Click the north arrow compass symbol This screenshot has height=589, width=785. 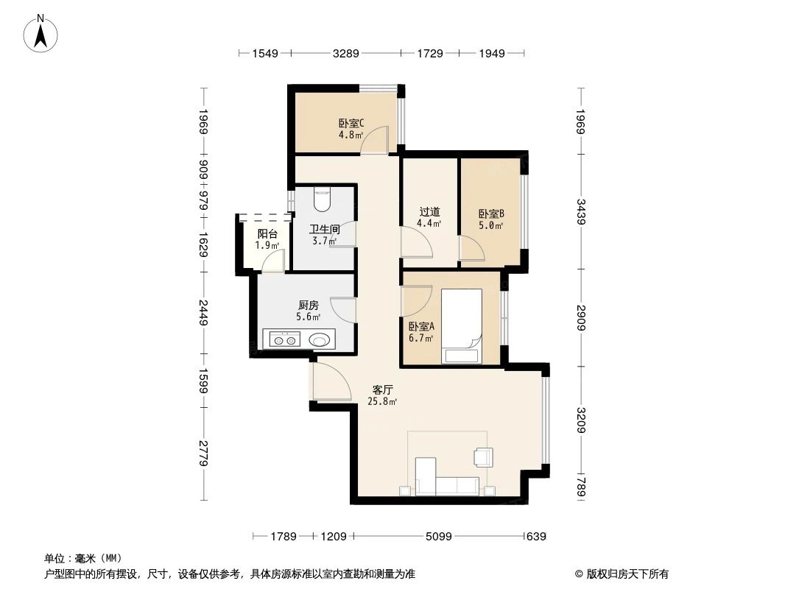pyautogui.click(x=41, y=33)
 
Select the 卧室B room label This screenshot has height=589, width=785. pyautogui.click(x=491, y=214)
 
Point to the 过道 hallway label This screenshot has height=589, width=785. pyautogui.click(x=429, y=212)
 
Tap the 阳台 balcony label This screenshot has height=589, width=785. pyautogui.click(x=267, y=234)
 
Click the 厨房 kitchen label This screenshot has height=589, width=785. pyautogui.click(x=309, y=306)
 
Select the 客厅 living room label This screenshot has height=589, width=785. pyautogui.click(x=382, y=390)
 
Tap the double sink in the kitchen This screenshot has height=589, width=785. pyautogui.click(x=284, y=339)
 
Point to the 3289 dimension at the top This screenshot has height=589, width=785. pyautogui.click(x=345, y=54)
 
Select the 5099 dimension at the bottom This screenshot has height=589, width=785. pyautogui.click(x=437, y=537)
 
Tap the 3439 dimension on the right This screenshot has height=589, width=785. pyautogui.click(x=581, y=213)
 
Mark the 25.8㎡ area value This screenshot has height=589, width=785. pyautogui.click(x=382, y=402)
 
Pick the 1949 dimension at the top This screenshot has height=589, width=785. pyautogui.click(x=491, y=54)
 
